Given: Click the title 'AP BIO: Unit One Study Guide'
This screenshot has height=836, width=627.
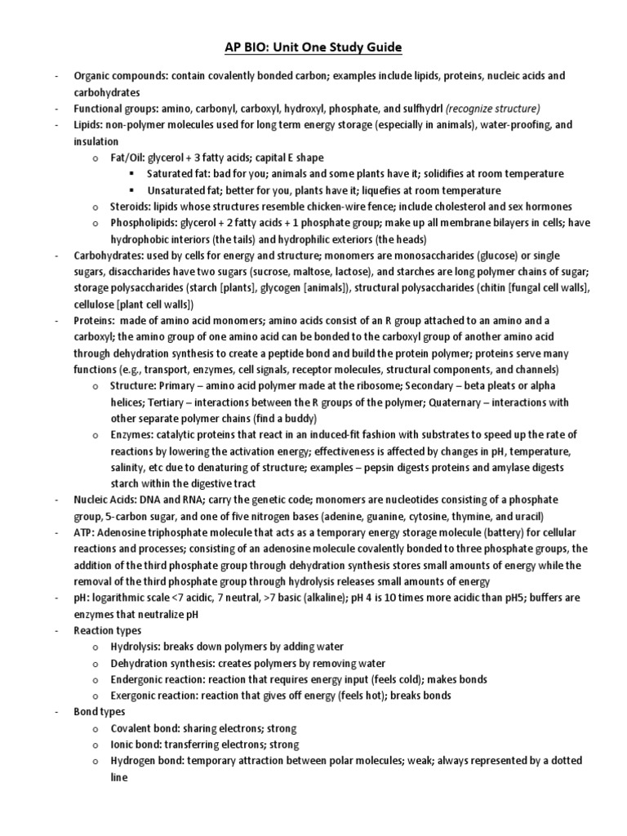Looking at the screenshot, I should (x=313, y=48).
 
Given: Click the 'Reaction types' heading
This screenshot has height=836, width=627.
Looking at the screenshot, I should (x=108, y=630).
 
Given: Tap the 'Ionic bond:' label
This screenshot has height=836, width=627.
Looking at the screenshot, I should (x=137, y=745).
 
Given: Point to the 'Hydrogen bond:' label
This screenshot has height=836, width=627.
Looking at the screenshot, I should (x=148, y=761).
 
